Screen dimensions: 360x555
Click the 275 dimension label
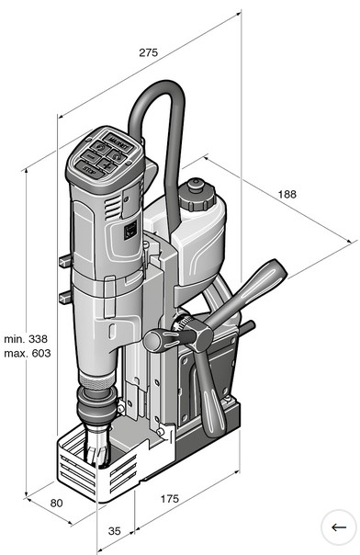(148, 52)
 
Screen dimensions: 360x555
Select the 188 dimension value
(287, 194)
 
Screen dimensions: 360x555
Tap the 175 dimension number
(170, 499)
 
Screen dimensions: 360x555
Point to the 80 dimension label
(57, 503)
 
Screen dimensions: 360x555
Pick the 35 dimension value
(114, 531)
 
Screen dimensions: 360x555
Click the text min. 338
(26, 339)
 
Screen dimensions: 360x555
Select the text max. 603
(28, 353)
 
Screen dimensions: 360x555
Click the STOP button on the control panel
(90, 170)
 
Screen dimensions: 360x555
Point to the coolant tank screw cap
(197, 196)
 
